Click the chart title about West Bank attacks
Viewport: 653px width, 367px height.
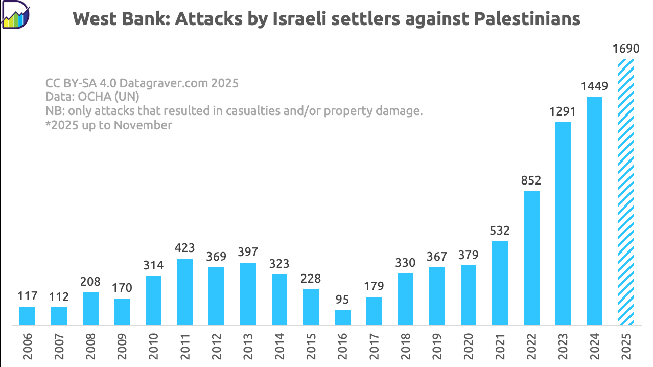click(x=327, y=19)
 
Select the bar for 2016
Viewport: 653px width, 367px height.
click(x=342, y=317)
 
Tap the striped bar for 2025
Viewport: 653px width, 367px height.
click(x=626, y=192)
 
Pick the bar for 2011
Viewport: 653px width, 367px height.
click(x=185, y=291)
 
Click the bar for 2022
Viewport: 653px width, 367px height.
click(x=531, y=258)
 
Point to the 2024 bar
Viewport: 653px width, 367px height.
click(x=594, y=211)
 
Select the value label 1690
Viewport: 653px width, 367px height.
click(x=626, y=49)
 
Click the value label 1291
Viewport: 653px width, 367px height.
click(x=563, y=111)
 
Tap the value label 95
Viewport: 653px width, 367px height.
click(x=342, y=300)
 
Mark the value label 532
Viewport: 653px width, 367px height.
click(x=500, y=231)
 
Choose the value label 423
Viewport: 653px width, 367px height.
click(x=185, y=248)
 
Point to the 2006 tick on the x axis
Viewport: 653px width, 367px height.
click(x=28, y=346)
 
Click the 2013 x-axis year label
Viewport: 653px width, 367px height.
click(x=248, y=346)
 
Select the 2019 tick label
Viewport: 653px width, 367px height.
click(x=437, y=346)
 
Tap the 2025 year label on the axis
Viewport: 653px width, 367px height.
click(x=626, y=346)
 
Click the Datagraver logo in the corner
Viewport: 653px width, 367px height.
click(x=15, y=15)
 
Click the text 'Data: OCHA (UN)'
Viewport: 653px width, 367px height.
click(x=92, y=97)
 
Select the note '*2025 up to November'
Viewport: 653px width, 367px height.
click(x=109, y=125)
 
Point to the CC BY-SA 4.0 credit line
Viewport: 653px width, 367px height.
click(x=142, y=83)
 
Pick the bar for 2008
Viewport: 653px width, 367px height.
click(x=90, y=308)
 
